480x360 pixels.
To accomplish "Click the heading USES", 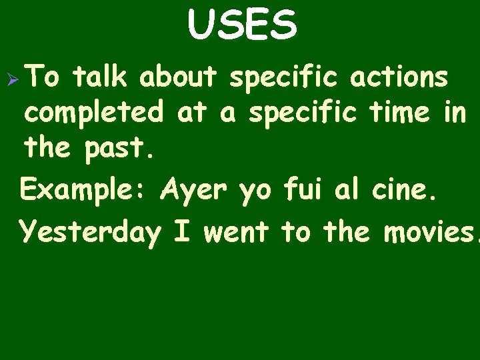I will [241, 25].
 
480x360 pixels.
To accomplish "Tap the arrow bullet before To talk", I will [11, 77].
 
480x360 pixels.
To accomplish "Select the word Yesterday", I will [91, 232].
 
